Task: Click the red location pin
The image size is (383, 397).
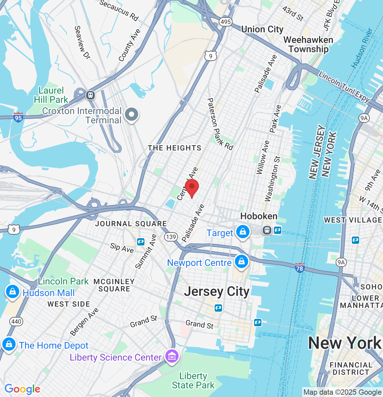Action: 191,188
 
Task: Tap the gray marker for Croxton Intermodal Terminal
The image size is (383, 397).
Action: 132,115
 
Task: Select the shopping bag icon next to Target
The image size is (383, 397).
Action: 243,232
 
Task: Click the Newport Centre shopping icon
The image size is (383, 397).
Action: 242,262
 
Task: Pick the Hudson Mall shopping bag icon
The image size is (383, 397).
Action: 12,292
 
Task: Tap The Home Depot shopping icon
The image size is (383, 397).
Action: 9,344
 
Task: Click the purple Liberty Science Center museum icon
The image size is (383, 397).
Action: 172,356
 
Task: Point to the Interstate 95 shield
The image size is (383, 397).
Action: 18,117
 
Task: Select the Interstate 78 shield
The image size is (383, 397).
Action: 300,268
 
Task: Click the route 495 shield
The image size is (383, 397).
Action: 225,22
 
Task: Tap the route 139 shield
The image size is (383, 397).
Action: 170,237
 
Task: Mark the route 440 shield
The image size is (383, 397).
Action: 16,321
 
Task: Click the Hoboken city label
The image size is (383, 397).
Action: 259,216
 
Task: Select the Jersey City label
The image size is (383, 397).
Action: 217,292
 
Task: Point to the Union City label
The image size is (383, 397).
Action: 262,29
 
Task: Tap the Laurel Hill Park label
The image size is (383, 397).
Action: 51,95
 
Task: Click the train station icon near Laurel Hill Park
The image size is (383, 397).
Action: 90,95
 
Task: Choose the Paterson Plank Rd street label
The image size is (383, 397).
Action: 220,124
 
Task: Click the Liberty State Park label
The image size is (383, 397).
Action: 193,380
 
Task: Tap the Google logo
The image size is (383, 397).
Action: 22,389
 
